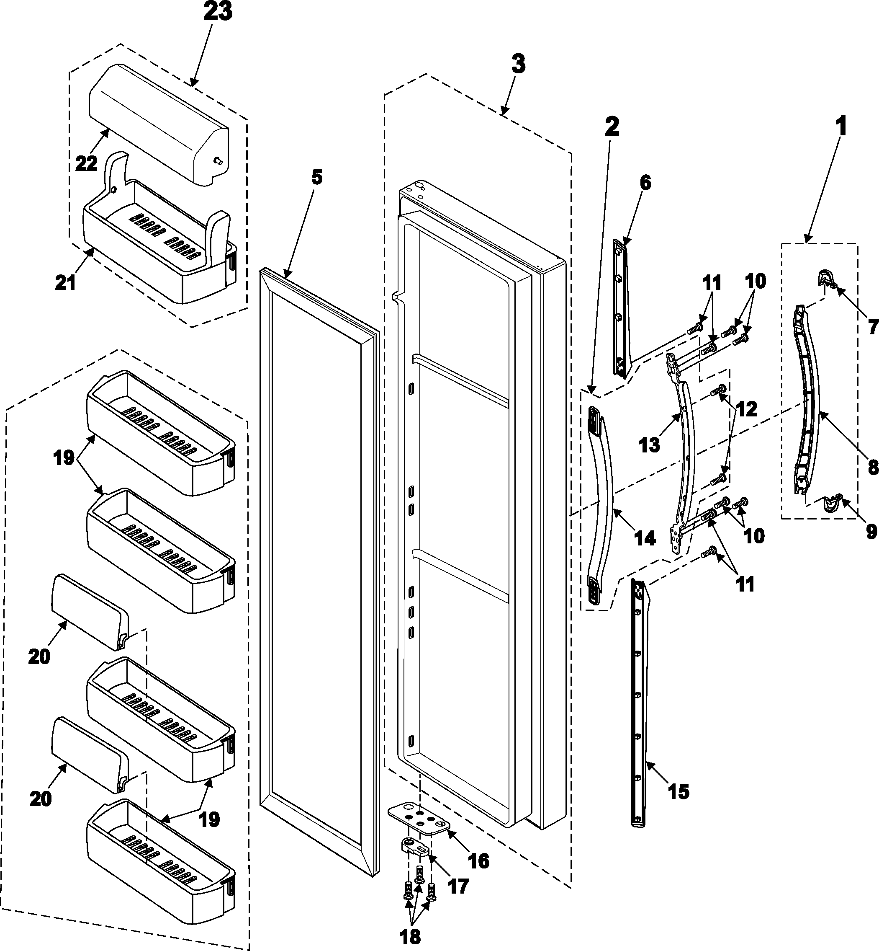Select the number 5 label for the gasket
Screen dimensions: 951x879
tap(317, 177)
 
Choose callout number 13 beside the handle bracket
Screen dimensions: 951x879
tap(650, 444)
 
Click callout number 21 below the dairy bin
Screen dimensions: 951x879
tap(66, 282)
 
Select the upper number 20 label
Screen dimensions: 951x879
tap(39, 657)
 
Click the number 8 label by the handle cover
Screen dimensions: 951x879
tap(873, 468)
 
